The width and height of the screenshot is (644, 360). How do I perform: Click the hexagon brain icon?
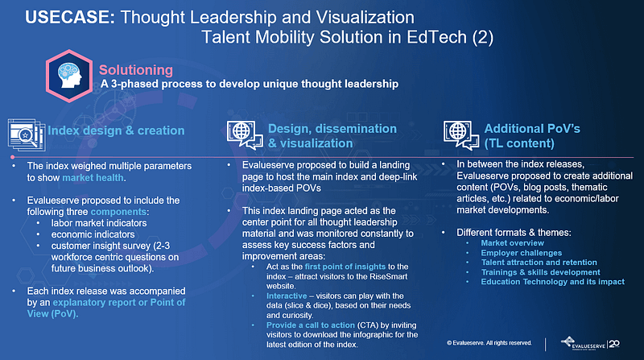click(69, 76)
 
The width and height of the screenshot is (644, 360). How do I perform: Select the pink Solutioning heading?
click(136, 70)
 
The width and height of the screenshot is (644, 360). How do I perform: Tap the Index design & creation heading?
click(116, 130)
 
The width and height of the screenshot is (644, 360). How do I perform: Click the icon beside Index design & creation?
click(27, 134)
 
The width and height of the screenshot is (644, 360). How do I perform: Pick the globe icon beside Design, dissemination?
click(245, 134)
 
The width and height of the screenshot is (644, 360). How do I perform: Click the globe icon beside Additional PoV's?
click(461, 134)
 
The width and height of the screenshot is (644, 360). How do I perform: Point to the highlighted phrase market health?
click(93, 178)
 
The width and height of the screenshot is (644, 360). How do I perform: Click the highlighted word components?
click(118, 212)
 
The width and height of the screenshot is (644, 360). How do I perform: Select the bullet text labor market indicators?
click(99, 223)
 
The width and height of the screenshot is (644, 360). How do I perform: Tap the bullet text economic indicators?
click(93, 234)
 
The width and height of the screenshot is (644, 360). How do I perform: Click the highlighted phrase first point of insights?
click(345, 267)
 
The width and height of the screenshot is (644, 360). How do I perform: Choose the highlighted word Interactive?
click(287, 296)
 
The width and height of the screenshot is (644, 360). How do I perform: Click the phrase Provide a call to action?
click(311, 325)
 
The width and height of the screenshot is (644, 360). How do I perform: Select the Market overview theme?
click(513, 243)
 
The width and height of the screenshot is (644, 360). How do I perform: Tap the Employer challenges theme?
click(521, 253)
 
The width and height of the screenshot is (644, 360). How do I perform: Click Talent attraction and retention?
click(539, 263)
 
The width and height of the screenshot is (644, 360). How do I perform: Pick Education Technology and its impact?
click(553, 282)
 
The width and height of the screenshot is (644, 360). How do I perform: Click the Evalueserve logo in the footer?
click(590, 344)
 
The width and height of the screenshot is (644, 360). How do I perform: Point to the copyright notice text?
click(489, 343)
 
